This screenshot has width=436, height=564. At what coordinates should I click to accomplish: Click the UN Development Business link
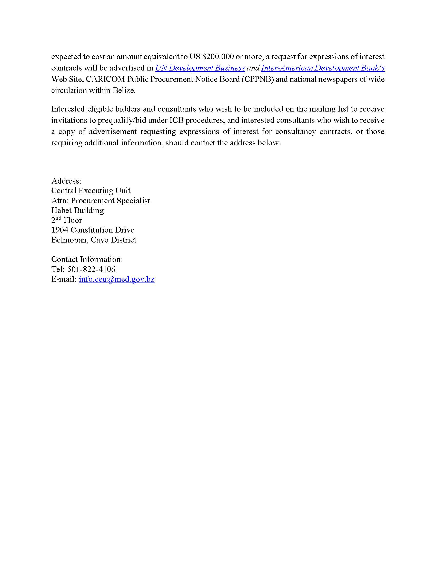pyautogui.click(x=200, y=68)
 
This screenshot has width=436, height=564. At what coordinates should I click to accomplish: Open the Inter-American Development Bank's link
pyautogui.click(x=323, y=68)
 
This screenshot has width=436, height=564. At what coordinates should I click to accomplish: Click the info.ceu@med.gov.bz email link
pyautogui.click(x=117, y=279)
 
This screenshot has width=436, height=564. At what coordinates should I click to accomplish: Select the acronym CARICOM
pyautogui.click(x=105, y=79)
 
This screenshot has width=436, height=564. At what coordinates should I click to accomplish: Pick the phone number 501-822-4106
pyautogui.click(x=91, y=269)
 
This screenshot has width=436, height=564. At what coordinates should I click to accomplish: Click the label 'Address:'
pyautogui.click(x=66, y=181)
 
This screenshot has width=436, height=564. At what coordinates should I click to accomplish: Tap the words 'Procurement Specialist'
pyautogui.click(x=110, y=201)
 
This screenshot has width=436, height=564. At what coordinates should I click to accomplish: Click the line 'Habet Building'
pyautogui.click(x=77, y=210)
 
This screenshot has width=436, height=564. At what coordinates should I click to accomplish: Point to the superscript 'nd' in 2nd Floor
pyautogui.click(x=58, y=218)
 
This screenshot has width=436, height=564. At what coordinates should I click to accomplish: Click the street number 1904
pyautogui.click(x=60, y=230)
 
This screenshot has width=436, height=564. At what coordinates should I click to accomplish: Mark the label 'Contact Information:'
pyautogui.click(x=87, y=259)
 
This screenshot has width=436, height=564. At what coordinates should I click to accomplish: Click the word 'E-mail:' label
pyautogui.click(x=64, y=279)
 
